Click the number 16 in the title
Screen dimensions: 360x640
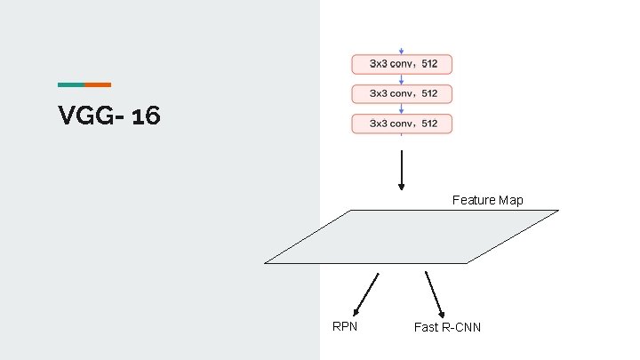click(146, 116)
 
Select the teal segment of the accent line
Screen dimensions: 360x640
click(71, 84)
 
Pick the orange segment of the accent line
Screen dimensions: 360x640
click(98, 84)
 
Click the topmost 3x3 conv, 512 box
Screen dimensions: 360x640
click(402, 64)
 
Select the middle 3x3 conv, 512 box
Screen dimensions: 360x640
click(402, 93)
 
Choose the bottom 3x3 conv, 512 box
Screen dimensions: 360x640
click(402, 124)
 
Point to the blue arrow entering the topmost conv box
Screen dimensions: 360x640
click(402, 51)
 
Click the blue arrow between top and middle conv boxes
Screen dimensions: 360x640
click(402, 79)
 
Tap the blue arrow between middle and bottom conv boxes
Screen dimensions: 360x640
click(402, 108)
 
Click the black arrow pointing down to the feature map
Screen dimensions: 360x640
click(402, 169)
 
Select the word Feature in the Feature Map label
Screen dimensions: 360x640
click(474, 200)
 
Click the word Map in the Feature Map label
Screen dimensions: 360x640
click(511, 200)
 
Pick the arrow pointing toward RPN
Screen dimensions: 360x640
click(366, 294)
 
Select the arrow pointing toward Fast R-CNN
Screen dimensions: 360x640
click(434, 294)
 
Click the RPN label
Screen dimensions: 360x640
click(345, 326)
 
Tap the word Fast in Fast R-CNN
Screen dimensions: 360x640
click(426, 327)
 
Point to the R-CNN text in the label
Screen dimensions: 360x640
click(461, 327)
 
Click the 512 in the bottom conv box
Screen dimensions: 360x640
click(429, 124)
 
